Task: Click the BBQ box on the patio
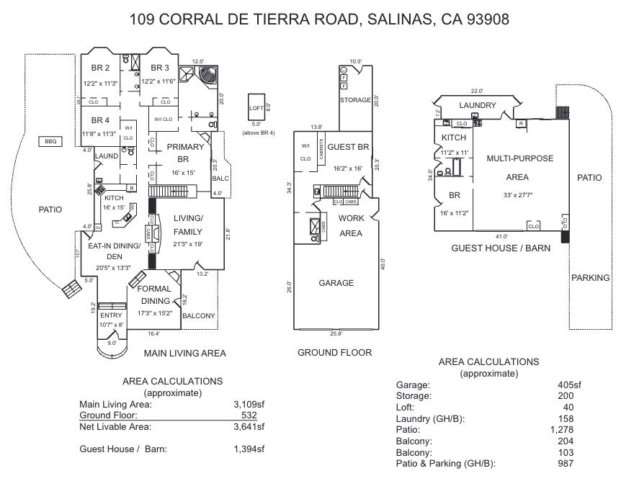(50, 142)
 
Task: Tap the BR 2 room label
(100, 68)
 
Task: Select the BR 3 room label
(159, 68)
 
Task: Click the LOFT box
(256, 108)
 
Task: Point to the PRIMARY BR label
(186, 153)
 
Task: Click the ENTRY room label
(111, 315)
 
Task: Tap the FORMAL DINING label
(155, 295)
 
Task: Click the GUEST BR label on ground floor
(348, 147)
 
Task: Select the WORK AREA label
(351, 225)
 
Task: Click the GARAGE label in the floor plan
(336, 283)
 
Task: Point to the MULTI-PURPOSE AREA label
(517, 167)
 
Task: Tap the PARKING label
(590, 278)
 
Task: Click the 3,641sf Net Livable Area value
(249, 427)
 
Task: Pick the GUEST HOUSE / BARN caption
(501, 248)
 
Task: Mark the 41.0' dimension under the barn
(501, 236)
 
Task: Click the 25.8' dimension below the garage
(336, 334)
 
